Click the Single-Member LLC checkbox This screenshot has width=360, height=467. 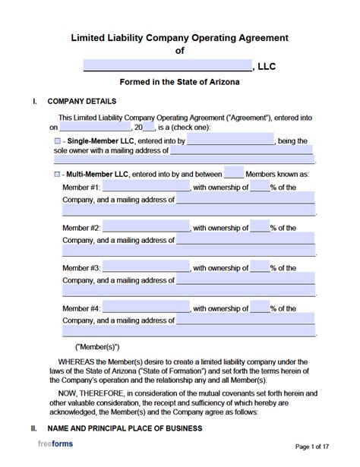pyautogui.click(x=58, y=141)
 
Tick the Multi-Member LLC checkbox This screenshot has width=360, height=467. pyautogui.click(x=58, y=175)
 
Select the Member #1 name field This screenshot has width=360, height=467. pyautogui.click(x=146, y=187)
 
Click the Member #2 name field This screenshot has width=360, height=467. pyautogui.click(x=146, y=227)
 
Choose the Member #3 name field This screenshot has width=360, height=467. pyautogui.click(x=146, y=268)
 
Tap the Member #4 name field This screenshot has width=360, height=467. pyautogui.click(x=146, y=308)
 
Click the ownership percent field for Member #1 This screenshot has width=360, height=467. pyautogui.click(x=260, y=187)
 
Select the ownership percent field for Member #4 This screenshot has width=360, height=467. pyautogui.click(x=260, y=308)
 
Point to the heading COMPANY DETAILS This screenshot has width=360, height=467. pyautogui.click(x=82, y=101)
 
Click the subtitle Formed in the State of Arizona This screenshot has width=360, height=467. pyautogui.click(x=179, y=82)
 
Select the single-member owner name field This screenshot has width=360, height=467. pyautogui.click(x=230, y=140)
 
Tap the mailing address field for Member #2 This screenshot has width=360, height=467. pyautogui.click(x=245, y=240)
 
